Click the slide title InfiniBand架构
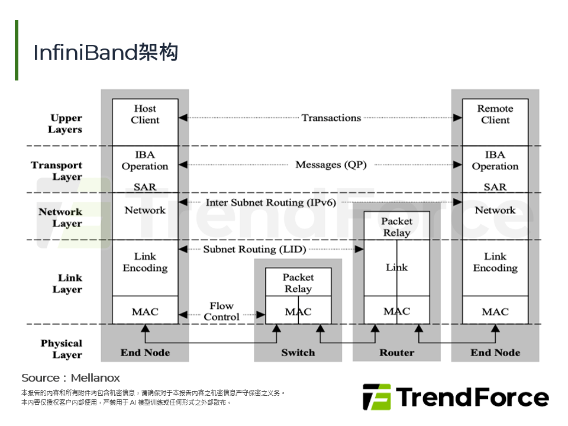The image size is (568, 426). click(105, 53)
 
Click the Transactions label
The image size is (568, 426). click(331, 118)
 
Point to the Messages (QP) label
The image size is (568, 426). click(331, 164)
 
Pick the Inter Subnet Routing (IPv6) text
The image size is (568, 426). click(271, 202)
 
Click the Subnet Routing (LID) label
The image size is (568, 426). click(254, 249)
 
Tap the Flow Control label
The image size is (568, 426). click(222, 311)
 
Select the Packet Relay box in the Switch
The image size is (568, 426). click(298, 283)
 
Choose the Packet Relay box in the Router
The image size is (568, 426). click(396, 227)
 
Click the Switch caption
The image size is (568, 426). click(298, 353)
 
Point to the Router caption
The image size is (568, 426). click(396, 353)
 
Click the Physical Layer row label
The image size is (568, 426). click(62, 349)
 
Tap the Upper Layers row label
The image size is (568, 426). click(66, 124)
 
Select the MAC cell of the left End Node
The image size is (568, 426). click(145, 312)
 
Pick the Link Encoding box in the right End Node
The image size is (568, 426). click(495, 262)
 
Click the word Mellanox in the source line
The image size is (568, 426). click(95, 377)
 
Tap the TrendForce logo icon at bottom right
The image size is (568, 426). click(376, 397)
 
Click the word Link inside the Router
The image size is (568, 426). click(396, 267)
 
